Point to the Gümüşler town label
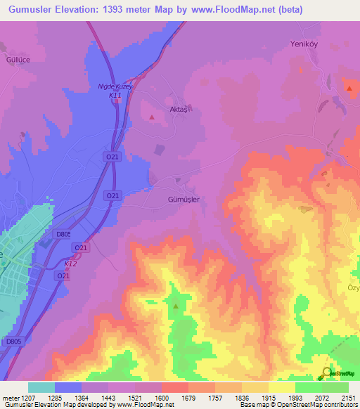click(x=184, y=200)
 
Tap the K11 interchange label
click(x=115, y=95)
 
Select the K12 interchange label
click(x=70, y=264)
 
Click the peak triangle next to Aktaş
click(x=153, y=117)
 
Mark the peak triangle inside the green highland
click(x=176, y=306)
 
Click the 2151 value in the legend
click(x=349, y=397)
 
